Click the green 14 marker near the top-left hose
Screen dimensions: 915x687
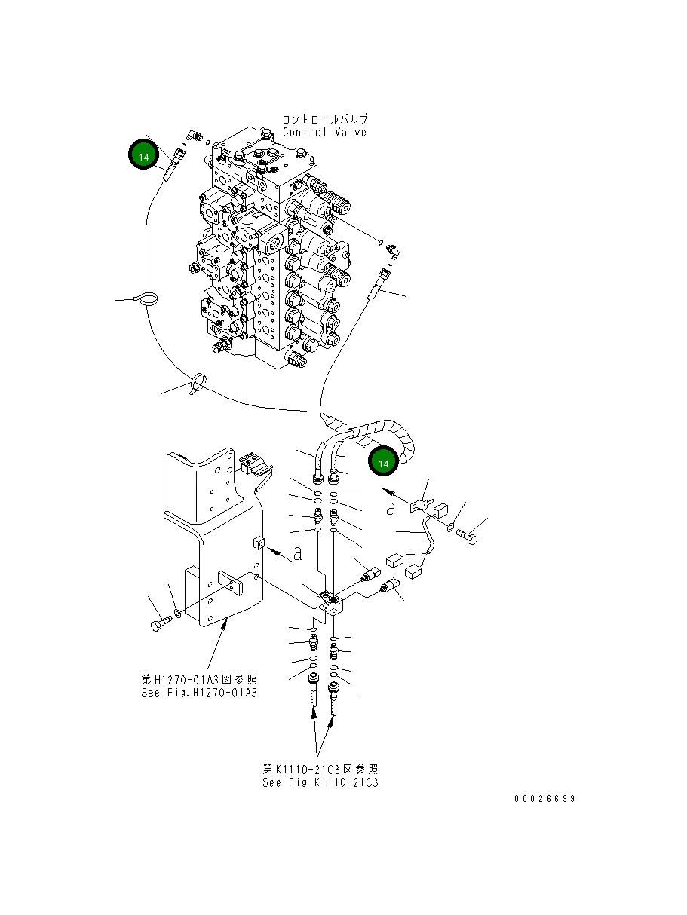point(143,155)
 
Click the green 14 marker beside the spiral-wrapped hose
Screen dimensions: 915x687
point(383,463)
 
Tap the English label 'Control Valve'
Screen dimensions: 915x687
point(325,133)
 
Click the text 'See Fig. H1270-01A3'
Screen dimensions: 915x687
point(199,693)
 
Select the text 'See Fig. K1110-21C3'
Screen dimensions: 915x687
point(320,782)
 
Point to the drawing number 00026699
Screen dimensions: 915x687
point(545,799)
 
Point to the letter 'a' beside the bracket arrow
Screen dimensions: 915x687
point(298,554)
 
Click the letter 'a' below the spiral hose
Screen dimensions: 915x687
point(391,509)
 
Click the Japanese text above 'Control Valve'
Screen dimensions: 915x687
point(325,119)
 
